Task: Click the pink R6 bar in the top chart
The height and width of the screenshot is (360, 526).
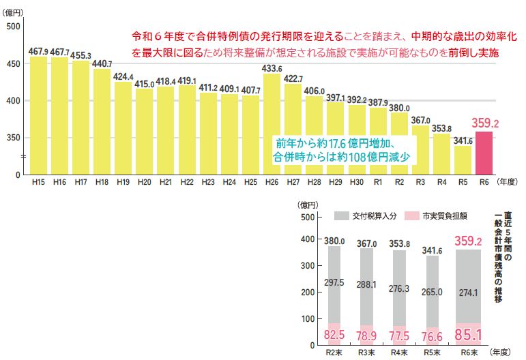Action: (483, 153)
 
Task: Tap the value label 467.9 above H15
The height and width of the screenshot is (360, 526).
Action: (38, 51)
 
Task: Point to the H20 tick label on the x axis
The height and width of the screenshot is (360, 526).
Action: (144, 183)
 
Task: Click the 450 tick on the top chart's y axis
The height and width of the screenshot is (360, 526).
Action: (14, 64)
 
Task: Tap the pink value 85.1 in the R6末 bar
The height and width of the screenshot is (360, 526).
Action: (467, 335)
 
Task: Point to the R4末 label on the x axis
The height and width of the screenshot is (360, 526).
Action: (400, 353)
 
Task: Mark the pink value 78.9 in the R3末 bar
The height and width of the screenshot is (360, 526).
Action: (367, 335)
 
